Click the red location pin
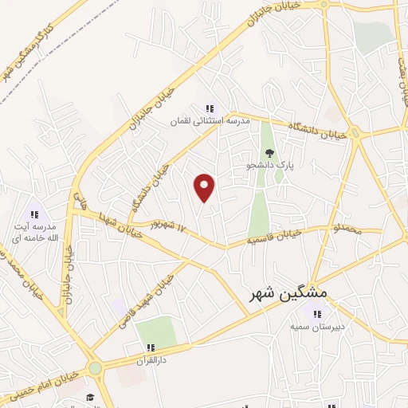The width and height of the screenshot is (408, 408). pos(205,188)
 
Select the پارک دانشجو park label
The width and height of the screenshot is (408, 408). pos(270,165)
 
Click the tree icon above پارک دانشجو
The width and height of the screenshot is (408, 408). pos(269,153)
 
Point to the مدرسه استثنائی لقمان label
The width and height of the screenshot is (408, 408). pos(210,121)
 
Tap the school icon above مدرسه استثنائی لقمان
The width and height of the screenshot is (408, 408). pos(210,108)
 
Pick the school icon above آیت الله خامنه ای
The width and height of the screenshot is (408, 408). pos(34,214)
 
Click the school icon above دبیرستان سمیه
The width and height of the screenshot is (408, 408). pos(318,314)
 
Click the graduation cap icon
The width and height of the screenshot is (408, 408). pos(90,397)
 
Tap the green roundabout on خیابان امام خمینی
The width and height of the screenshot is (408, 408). pos(96,369)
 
